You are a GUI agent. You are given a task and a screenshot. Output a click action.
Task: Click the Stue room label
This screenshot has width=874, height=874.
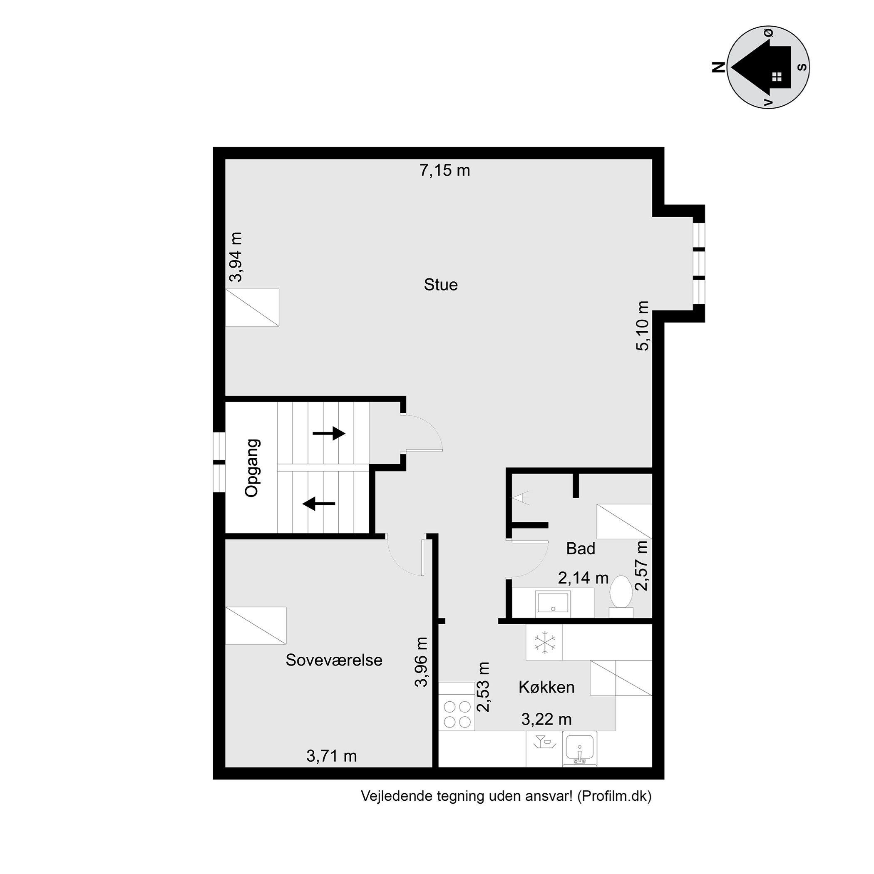(441, 285)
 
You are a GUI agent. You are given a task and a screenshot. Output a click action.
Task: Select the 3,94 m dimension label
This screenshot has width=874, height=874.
(236, 257)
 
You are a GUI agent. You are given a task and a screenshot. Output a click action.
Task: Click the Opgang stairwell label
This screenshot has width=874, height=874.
(252, 468)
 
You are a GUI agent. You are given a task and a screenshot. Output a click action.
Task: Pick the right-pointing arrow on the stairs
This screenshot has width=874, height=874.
(329, 433)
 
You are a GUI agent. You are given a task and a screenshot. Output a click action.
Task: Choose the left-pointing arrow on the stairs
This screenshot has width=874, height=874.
(319, 503)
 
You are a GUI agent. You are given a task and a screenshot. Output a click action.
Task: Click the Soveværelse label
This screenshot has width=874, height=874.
(334, 660)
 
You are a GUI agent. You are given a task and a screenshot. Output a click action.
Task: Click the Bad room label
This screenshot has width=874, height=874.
(581, 549)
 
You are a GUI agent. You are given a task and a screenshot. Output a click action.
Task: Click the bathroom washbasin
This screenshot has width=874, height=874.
(553, 603)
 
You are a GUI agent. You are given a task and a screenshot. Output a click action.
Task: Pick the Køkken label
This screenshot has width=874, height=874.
(546, 687)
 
